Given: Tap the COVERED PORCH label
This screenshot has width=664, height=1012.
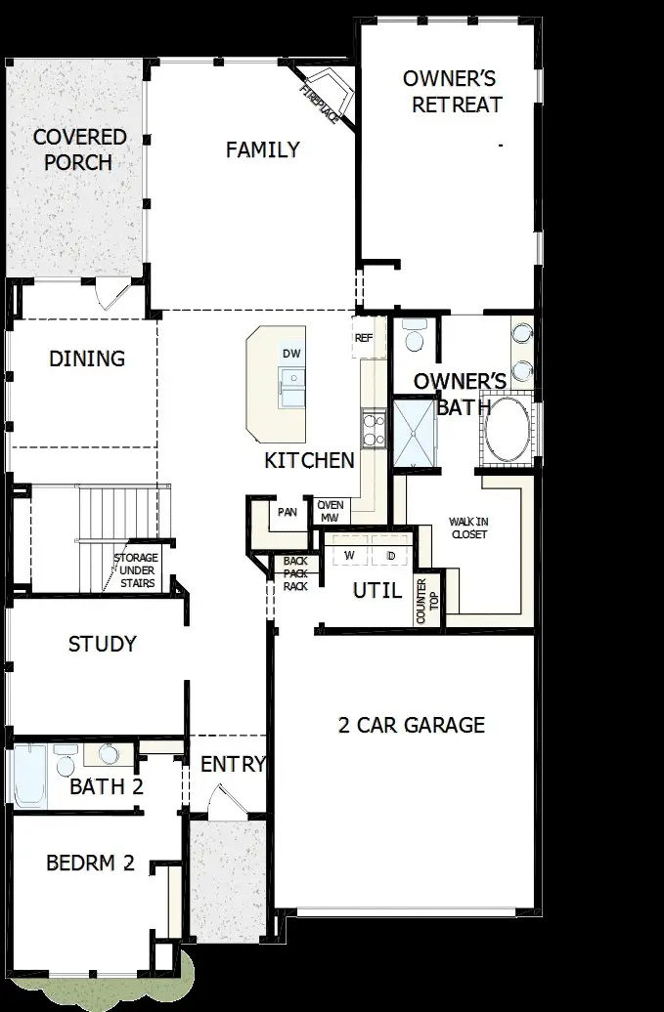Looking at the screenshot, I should pyautogui.click(x=79, y=149).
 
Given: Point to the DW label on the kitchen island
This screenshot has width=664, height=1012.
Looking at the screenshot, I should pyautogui.click(x=290, y=353).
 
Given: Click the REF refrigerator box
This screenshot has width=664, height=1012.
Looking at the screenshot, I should pyautogui.click(x=364, y=338).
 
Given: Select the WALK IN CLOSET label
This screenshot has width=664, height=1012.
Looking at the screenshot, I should pyautogui.click(x=468, y=527).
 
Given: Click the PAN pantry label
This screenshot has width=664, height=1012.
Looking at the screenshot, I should pyautogui.click(x=287, y=512).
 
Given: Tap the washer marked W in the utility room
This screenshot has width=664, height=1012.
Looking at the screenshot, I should pyautogui.click(x=347, y=555).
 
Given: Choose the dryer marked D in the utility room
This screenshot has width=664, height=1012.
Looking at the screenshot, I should pyautogui.click(x=390, y=555).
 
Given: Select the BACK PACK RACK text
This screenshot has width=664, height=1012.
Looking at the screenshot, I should pyautogui.click(x=295, y=573).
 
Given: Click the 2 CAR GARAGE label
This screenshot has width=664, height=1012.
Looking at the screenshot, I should pyautogui.click(x=411, y=725).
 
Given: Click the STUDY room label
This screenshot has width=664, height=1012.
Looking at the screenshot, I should pyautogui.click(x=102, y=645).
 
